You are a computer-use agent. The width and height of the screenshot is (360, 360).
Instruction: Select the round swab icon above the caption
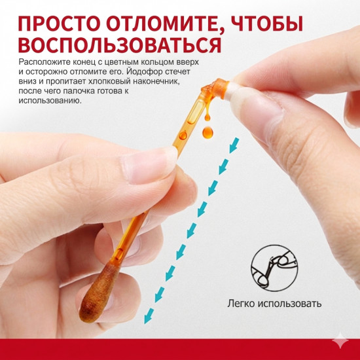(271, 266)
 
